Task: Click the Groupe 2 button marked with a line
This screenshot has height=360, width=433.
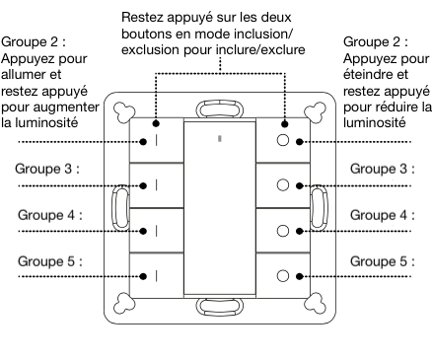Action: coord(155,142)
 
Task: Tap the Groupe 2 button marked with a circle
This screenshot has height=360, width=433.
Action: coord(284,142)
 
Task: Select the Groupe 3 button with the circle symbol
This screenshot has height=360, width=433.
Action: coord(284,185)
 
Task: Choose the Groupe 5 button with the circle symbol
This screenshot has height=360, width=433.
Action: coord(284,275)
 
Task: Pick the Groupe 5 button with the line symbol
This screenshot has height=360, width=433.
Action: coord(155,275)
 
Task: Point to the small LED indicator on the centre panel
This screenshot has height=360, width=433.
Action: coord(219,140)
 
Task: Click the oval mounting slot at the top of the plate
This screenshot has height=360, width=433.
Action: coord(219,108)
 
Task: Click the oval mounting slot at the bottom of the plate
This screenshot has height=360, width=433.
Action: coord(219,310)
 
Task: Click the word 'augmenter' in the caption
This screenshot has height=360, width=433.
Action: coord(57,107)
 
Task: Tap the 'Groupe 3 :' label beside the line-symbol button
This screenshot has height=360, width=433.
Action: coord(47,168)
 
